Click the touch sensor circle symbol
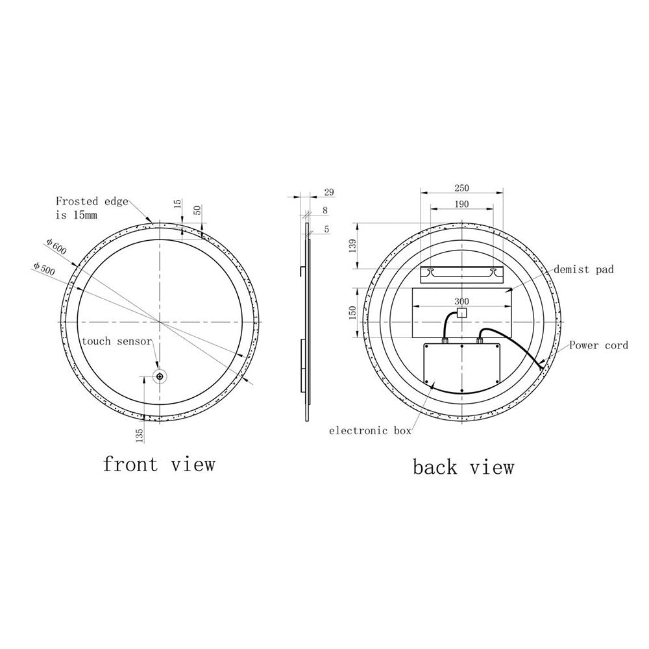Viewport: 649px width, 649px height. (160, 376)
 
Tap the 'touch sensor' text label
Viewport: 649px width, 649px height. (117, 341)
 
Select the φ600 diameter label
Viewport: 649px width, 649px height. (56, 247)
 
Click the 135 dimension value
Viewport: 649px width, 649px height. (140, 436)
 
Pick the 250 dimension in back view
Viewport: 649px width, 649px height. (462, 188)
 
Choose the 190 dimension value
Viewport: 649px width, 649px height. (462, 204)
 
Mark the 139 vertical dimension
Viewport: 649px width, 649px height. (352, 246)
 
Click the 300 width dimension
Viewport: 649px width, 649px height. (462, 301)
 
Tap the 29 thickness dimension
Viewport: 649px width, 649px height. (329, 193)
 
